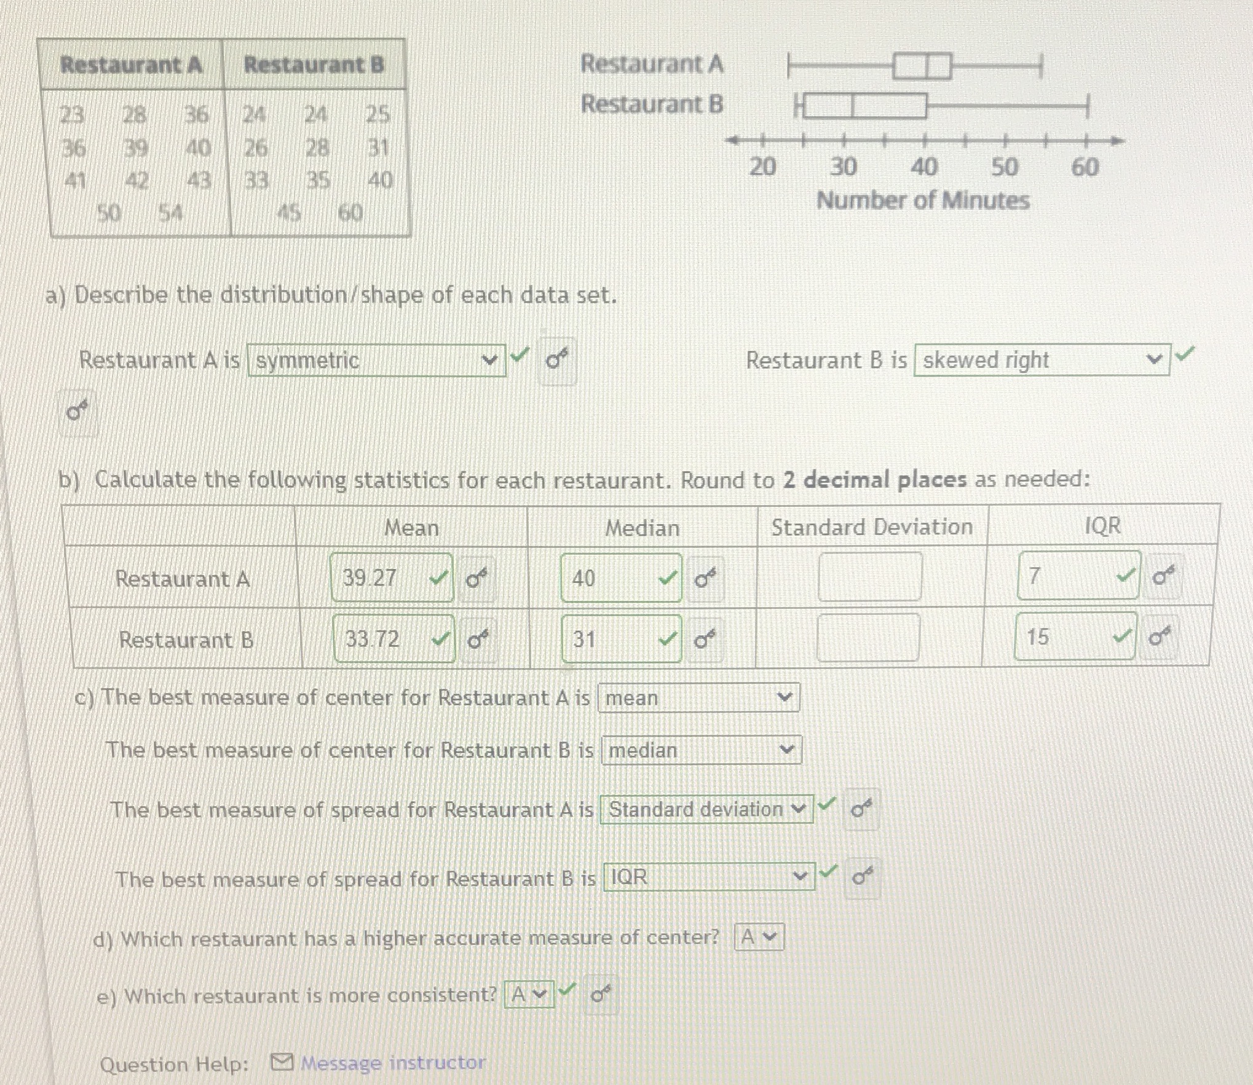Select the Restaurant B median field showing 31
pos(615,640)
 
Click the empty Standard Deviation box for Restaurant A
pos(870,576)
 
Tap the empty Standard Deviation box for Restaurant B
pos(868,638)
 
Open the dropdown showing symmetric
pos(376,360)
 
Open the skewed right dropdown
pos(1042,360)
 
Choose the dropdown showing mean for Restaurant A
pos(698,698)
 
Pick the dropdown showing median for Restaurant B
pos(701,750)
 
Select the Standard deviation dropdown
pos(706,809)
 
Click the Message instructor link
pos(392,1062)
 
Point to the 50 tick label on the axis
pos(1004,167)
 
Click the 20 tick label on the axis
pos(762,167)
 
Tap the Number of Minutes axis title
pos(923,201)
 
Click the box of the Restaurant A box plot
pos(922,66)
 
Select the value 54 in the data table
pos(170,213)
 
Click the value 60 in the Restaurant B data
pos(350,213)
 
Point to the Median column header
pos(642,528)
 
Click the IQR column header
pos(1103,526)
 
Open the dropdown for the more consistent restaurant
pos(529,994)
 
